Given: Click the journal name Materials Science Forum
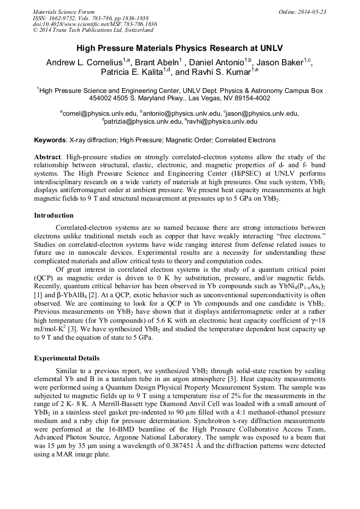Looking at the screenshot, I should pos(64,11).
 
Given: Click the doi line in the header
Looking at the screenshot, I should pos(95,24).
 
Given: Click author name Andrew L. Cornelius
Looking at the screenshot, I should pos(84,63).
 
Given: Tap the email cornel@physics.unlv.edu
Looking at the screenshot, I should pos(99,113).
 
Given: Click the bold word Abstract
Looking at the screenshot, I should pos(48,157).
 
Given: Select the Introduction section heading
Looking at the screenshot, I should pos(54,215).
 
